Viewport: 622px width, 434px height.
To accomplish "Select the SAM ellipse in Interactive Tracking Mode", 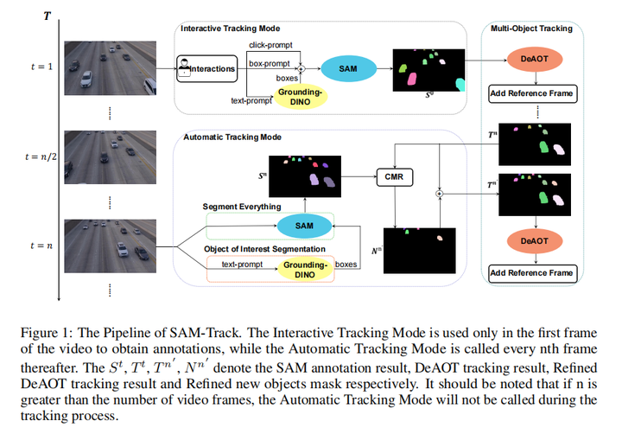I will [346, 67].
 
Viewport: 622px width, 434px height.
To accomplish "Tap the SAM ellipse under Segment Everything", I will [304, 225].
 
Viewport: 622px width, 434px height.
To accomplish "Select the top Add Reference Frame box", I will [531, 93].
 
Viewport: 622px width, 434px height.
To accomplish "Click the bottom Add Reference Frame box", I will [531, 273].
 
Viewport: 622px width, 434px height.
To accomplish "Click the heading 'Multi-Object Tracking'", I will [531, 29].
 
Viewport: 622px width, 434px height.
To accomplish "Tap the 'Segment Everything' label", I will [242, 207].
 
